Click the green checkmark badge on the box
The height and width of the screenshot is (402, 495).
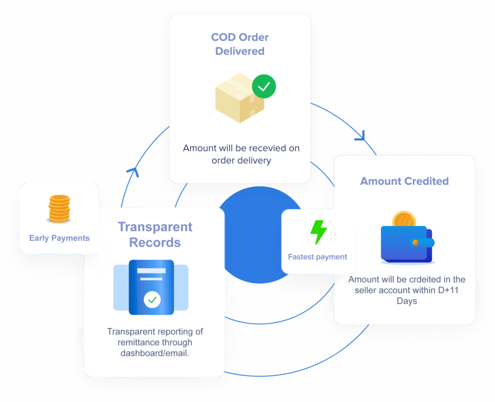264,87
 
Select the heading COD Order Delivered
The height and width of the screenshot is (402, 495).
240,44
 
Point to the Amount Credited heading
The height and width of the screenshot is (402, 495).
404,181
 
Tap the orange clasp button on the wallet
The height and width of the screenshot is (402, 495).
415,243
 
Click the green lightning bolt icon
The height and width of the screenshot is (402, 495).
318,232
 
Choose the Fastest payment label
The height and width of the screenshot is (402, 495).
318,257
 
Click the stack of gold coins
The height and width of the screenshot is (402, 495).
59,209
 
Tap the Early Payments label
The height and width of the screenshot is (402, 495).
59,238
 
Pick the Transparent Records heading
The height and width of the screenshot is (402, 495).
155,234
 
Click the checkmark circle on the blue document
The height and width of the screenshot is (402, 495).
152,300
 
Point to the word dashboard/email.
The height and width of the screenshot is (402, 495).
155,353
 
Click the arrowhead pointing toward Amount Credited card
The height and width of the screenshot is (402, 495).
360,137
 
